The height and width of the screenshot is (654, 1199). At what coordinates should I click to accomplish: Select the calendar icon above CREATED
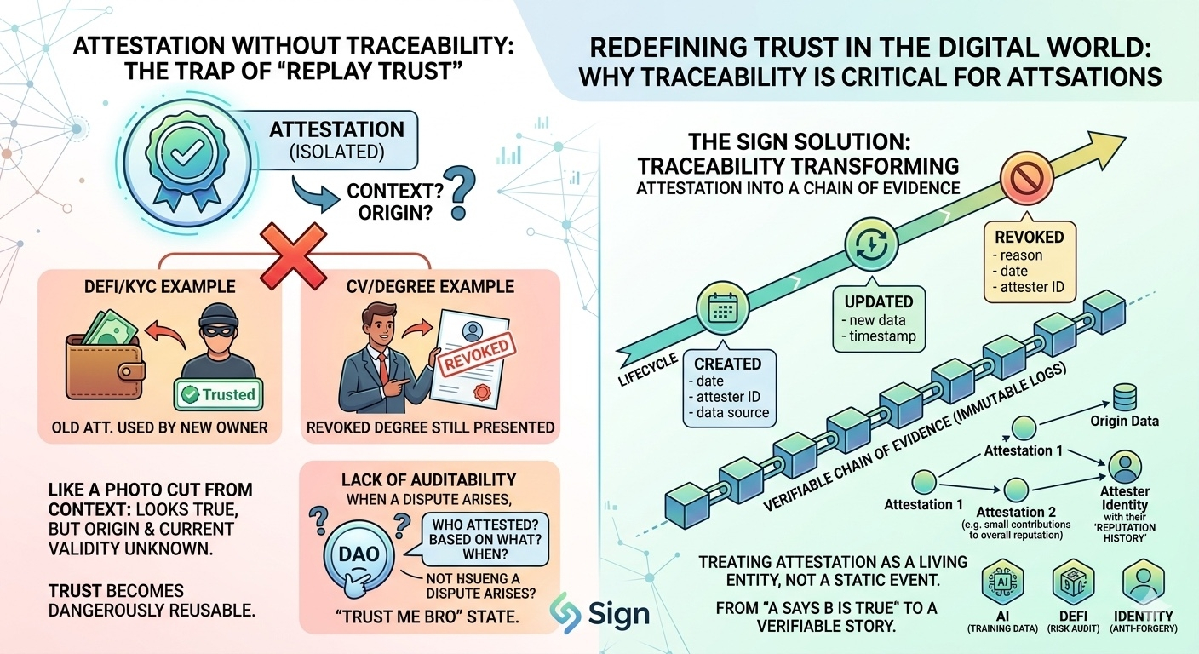point(722,308)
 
